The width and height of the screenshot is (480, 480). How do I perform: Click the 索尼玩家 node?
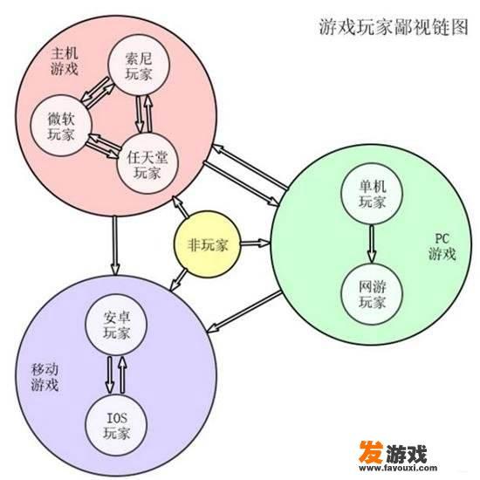pyautogui.click(x=139, y=65)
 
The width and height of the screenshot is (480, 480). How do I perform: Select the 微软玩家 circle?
pyautogui.click(x=61, y=126)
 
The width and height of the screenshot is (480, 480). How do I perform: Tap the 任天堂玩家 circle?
pyautogui.click(x=147, y=164)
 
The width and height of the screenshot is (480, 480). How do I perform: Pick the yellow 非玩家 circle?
pyautogui.click(x=207, y=244)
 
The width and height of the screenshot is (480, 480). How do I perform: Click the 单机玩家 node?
pyautogui.click(x=372, y=194)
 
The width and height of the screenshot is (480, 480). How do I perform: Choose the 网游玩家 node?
pyautogui.click(x=372, y=293)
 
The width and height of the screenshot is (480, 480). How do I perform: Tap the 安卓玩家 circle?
pyautogui.click(x=116, y=325)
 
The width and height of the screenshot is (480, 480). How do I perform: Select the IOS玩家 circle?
pyautogui.click(x=116, y=425)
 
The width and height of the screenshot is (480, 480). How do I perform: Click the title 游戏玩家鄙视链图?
pyautogui.click(x=394, y=27)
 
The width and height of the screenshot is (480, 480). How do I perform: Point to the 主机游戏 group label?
pyautogui.click(x=65, y=61)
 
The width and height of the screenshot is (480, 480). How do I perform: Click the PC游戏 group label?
pyautogui.click(x=442, y=246)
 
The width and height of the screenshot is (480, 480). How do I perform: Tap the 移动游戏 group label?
pyautogui.click(x=45, y=377)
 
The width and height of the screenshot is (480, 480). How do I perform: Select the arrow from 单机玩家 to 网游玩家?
pyautogui.click(x=372, y=243)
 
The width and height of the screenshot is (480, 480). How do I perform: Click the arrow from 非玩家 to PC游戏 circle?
pyautogui.click(x=256, y=243)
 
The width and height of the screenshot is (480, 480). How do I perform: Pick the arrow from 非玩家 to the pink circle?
pyautogui.click(x=181, y=207)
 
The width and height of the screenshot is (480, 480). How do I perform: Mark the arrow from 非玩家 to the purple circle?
pyautogui.click(x=178, y=279)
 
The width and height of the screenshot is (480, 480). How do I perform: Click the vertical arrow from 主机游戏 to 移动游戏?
pyautogui.click(x=115, y=245)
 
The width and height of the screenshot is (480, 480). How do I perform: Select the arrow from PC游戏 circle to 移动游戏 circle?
pyautogui.click(x=244, y=312)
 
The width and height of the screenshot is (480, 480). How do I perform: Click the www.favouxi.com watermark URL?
pyautogui.click(x=398, y=468)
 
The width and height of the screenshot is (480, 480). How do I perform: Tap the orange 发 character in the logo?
pyautogui.click(x=371, y=452)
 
